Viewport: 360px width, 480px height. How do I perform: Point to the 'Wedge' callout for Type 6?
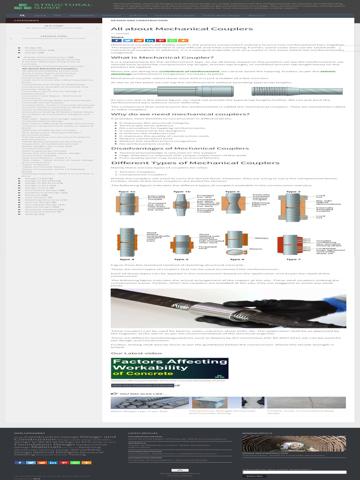pos(258,238)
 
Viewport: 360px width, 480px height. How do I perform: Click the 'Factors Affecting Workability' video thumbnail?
pos(170,368)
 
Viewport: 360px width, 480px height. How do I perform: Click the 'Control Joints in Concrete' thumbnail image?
pos(306,402)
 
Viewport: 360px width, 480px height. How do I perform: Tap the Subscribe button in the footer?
pos(254,476)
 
